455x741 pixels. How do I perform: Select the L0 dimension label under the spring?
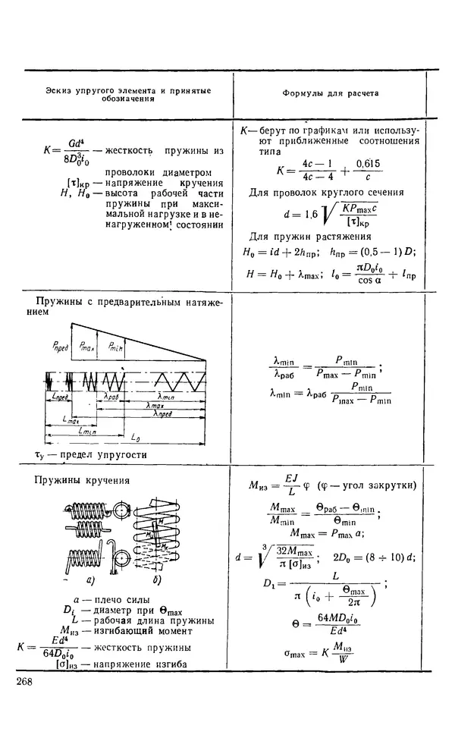[x=134, y=438]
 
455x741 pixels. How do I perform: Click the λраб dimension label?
[x=111, y=396]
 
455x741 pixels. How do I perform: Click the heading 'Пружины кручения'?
[x=83, y=479]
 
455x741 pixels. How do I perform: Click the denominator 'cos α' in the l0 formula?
[x=351, y=278]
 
